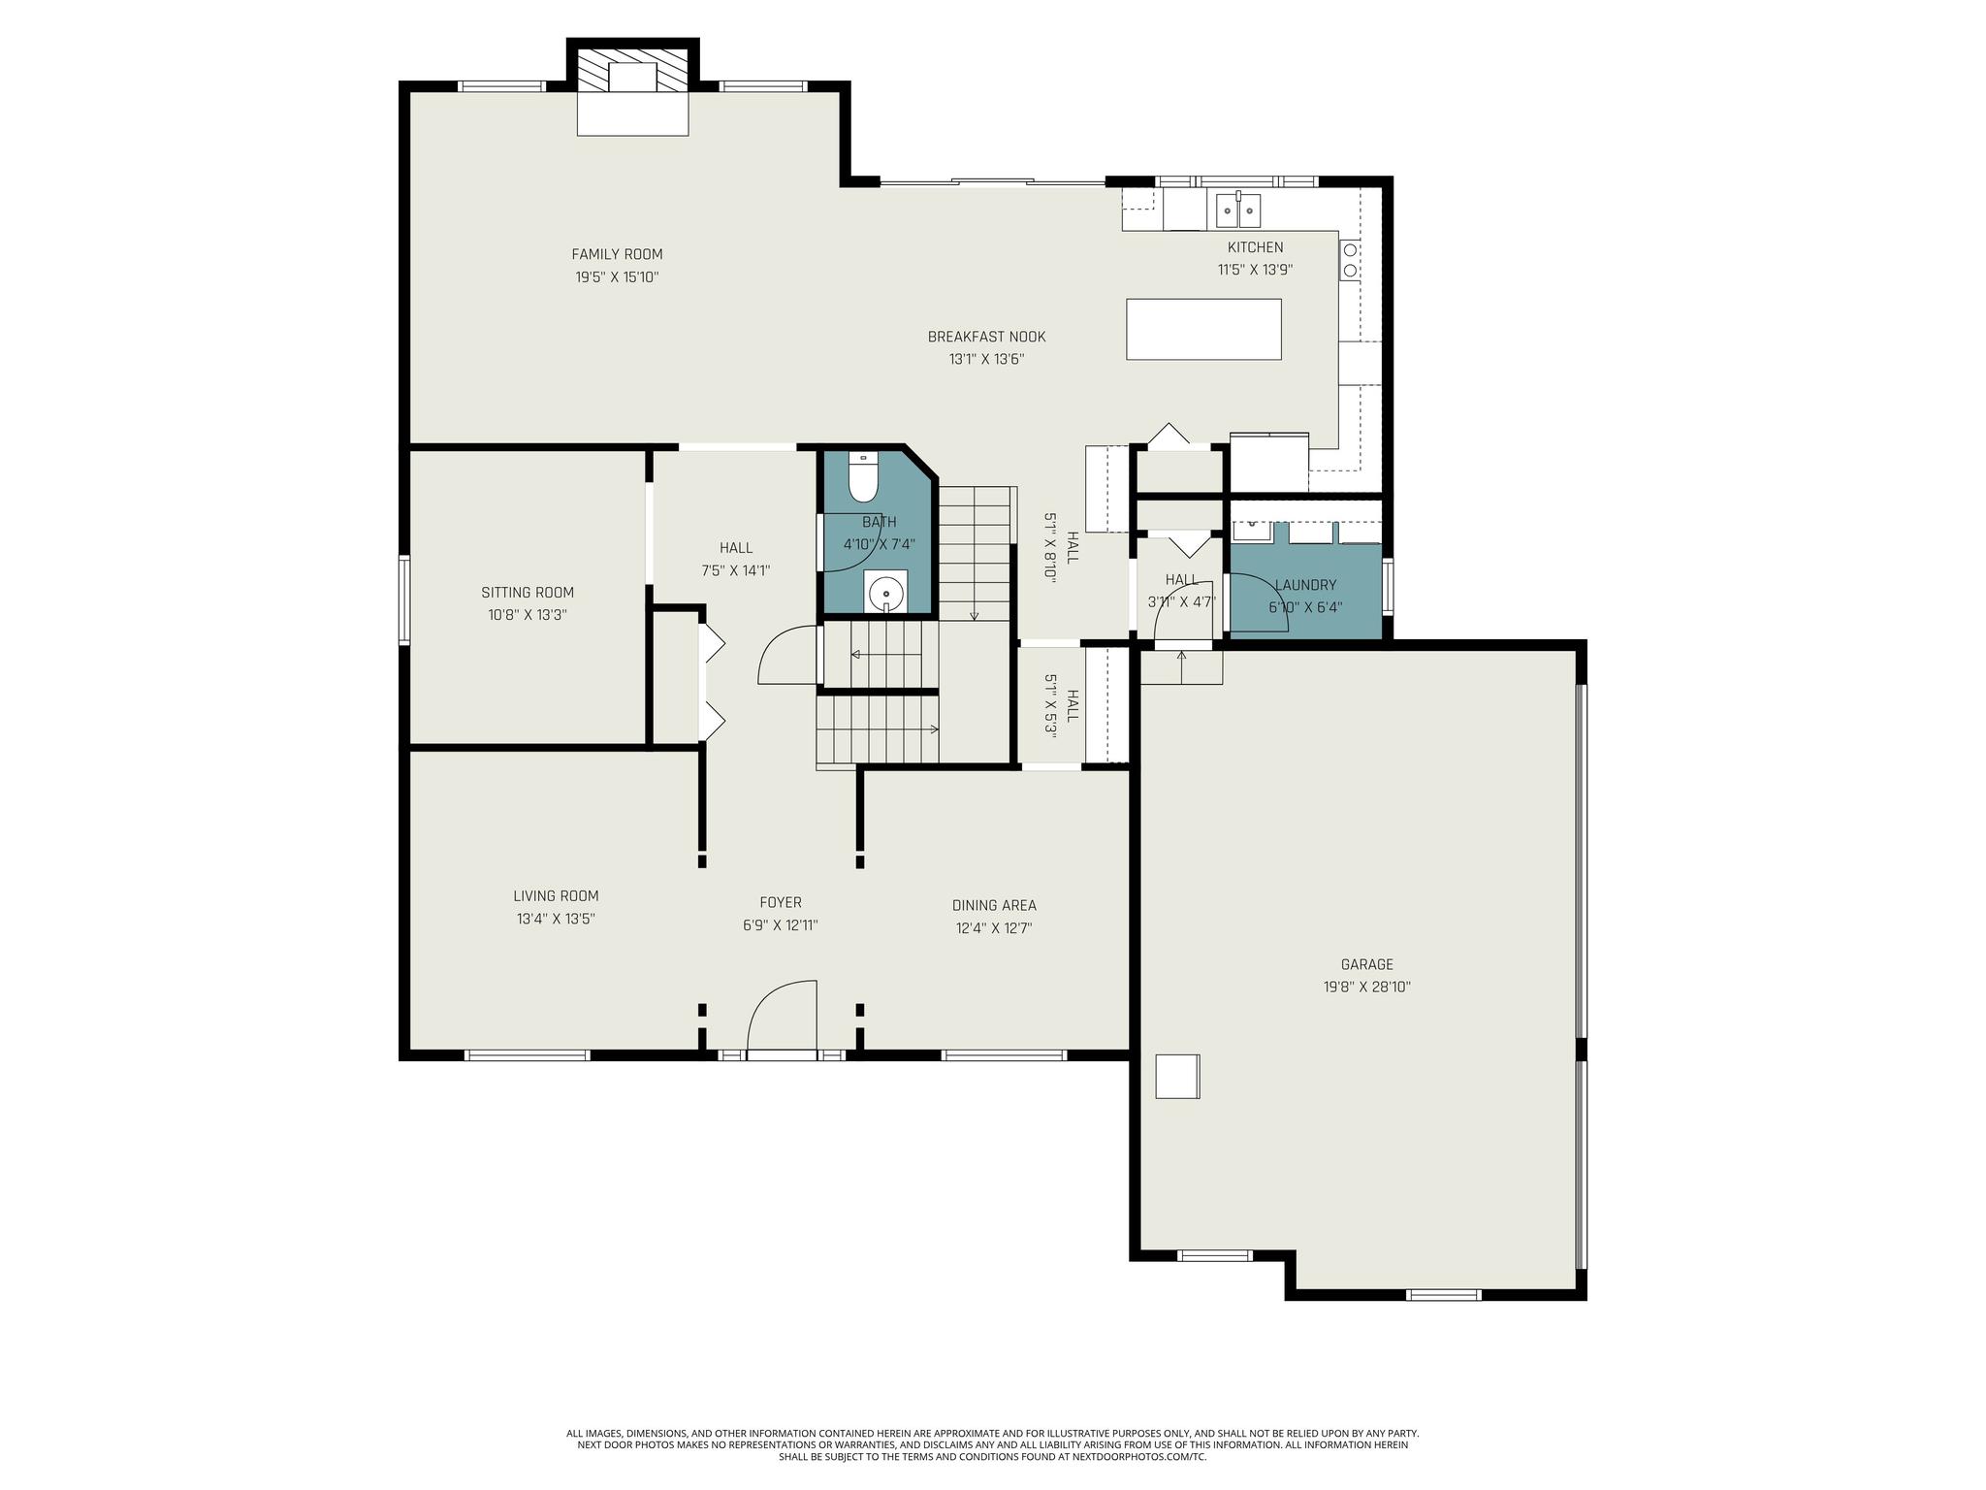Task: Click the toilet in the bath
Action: click(x=862, y=476)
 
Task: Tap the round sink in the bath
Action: click(x=885, y=592)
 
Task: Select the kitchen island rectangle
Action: click(x=1203, y=329)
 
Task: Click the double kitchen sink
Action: click(x=1238, y=210)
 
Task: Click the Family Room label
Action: click(x=617, y=254)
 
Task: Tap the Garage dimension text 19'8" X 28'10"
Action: click(x=1366, y=987)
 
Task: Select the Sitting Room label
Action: click(x=528, y=592)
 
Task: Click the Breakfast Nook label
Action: click(x=986, y=337)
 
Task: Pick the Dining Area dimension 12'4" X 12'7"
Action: click(x=994, y=927)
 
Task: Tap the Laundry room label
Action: click(x=1305, y=585)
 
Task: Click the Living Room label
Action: click(x=556, y=896)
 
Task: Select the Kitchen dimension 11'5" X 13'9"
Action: click(x=1255, y=270)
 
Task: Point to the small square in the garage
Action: click(x=1177, y=1076)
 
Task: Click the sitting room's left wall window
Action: click(x=404, y=599)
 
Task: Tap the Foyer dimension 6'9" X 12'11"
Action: click(x=781, y=925)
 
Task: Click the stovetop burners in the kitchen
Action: click(x=1350, y=258)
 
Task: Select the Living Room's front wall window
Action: click(x=527, y=1054)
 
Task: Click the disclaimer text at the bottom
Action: click(x=992, y=1444)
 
